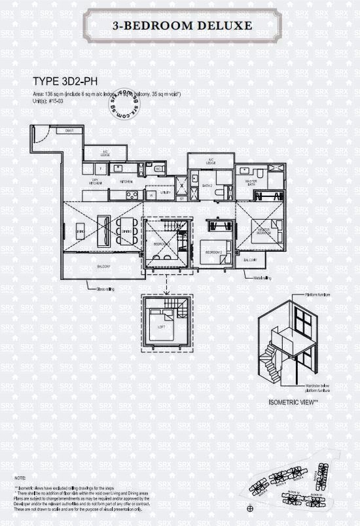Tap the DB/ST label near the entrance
68,131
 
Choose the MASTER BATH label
250,183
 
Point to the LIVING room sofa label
80,232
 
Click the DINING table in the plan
126,230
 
